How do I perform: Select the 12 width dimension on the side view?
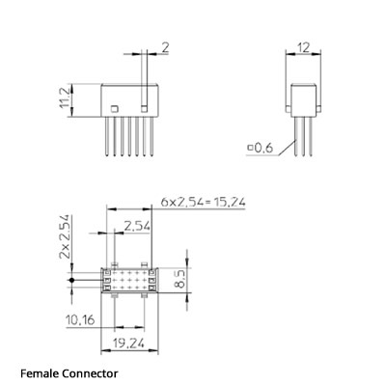[303, 46]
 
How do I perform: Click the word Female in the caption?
[41, 372]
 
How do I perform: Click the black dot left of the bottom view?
[73, 282]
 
